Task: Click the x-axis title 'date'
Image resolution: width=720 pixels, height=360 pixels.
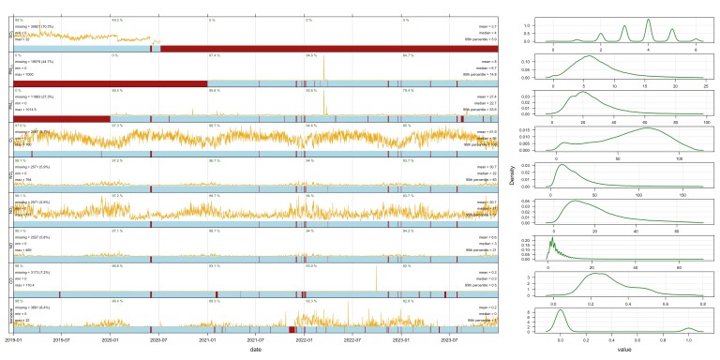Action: [x=256, y=349]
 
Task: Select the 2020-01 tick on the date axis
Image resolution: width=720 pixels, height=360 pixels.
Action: [x=112, y=338]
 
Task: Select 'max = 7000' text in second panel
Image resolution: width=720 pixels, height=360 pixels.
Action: [x=26, y=74]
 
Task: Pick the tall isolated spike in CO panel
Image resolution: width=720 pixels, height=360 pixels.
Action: [x=376, y=269]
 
